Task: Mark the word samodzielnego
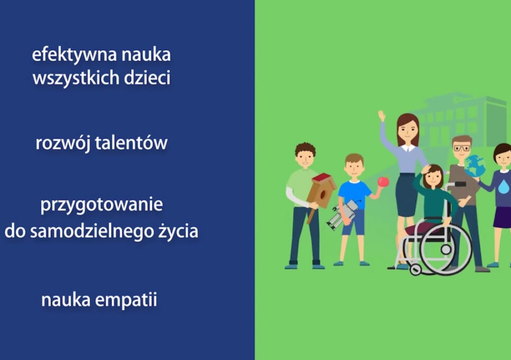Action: [x=101, y=231]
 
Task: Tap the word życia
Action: [x=180, y=231]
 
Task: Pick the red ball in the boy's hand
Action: [x=384, y=182]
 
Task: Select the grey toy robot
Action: [x=342, y=214]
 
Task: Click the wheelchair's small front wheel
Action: [x=416, y=269]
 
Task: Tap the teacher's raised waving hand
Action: [x=381, y=116]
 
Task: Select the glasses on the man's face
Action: [x=461, y=149]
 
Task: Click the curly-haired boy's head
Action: [x=305, y=154]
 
